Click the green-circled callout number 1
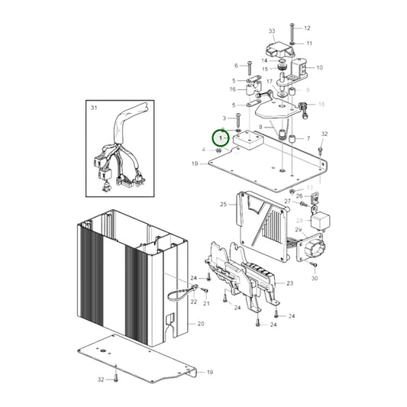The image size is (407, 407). point(220,138)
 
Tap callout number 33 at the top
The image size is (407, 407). point(271,31)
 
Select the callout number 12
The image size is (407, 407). point(308,27)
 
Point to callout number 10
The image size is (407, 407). point(319,67)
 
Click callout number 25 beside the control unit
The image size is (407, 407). point(223,205)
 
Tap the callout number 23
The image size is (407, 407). point(289,283)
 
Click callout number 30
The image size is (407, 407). point(315,279)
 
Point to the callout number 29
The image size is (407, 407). point(299,229)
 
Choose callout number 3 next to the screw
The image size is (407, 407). point(224,118)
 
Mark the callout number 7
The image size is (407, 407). point(308,139)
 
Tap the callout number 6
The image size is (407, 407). point(237,65)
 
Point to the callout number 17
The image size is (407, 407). point(270,82)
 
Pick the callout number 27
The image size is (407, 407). point(288,202)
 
